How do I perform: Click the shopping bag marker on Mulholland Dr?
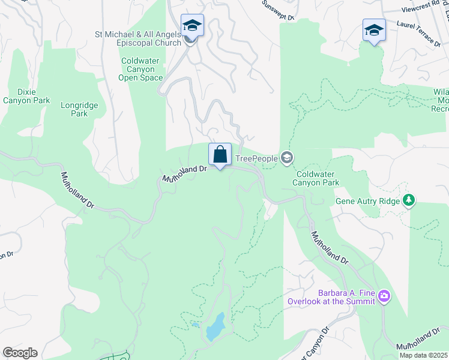coord(220,155)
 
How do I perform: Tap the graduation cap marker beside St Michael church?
coord(192,26)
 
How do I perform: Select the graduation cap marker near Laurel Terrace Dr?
coord(374,31)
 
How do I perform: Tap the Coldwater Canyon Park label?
coord(316,178)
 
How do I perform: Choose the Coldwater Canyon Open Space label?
coord(141,69)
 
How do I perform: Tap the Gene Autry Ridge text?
coord(367,200)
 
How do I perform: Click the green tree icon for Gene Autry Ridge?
coord(409,200)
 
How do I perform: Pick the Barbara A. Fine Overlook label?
coord(331,297)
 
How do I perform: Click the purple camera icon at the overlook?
coord(384,296)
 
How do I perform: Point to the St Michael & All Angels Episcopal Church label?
coord(138,38)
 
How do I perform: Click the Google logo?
coord(20,353)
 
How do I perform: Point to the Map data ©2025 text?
coord(424,355)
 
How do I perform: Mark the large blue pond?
coord(215,327)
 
